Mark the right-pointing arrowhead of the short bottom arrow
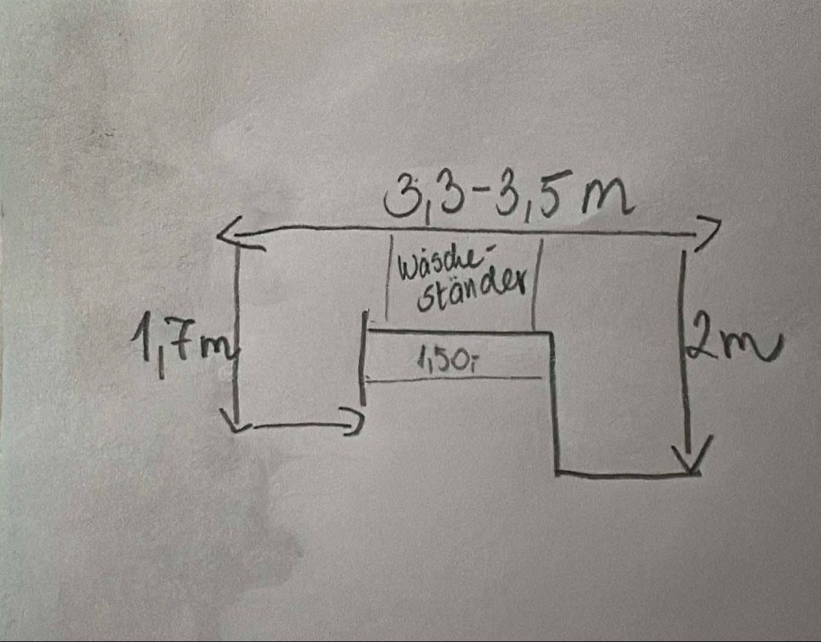click(x=354, y=421)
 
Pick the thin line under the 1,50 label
click(x=454, y=380)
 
